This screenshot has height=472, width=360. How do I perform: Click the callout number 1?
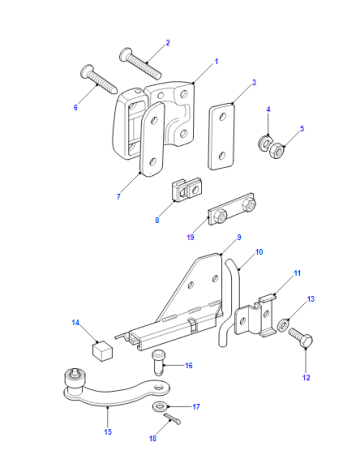point(216,62)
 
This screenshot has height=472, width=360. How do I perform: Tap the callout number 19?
point(190,237)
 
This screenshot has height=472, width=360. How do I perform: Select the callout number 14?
point(76,323)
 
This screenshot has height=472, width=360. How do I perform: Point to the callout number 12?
point(306,378)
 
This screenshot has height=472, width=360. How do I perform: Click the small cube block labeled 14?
point(102,350)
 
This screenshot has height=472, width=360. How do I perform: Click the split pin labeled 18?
point(172,419)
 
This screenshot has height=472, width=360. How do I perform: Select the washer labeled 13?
point(283,325)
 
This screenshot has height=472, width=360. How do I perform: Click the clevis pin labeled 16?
point(159,362)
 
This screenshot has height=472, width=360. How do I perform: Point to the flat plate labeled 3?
point(221,137)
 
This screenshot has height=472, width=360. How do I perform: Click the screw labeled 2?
point(141,64)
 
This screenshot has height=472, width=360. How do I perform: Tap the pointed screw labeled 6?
point(99,79)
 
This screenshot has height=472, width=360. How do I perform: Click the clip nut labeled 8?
point(186,190)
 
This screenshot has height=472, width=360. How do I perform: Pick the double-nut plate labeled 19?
point(232,209)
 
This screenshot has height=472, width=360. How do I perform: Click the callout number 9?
point(239,237)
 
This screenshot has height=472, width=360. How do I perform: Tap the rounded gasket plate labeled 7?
point(152,139)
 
